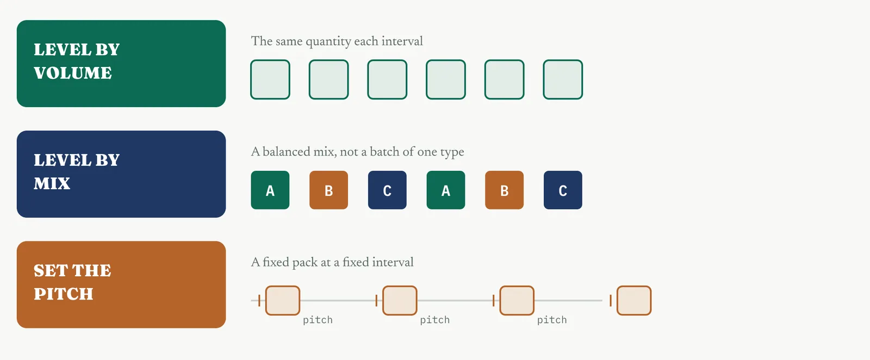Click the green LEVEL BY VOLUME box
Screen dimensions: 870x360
pos(121,64)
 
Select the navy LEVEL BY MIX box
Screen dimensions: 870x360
pos(121,174)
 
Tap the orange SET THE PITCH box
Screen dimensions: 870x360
pos(121,284)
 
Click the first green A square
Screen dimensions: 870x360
pos(270,190)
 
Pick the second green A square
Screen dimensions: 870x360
pos(445,190)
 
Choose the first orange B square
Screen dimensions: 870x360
pos(328,190)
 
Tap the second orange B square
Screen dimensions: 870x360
pos(504,190)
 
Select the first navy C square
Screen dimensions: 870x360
pos(387,190)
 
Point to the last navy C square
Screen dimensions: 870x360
pos(563,190)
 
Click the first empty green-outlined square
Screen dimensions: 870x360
pos(270,79)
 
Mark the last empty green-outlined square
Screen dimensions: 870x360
pos(563,79)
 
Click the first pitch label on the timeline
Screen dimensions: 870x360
pos(318,320)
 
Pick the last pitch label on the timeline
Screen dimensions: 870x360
pos(552,320)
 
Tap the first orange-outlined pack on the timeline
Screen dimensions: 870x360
pos(282,301)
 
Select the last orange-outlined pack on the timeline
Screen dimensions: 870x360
pos(634,301)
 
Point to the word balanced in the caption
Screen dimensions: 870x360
pos(287,152)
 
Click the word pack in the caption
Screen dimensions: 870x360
pos(305,263)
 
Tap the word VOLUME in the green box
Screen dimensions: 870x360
pos(73,73)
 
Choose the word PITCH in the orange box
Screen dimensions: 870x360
pos(63,294)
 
